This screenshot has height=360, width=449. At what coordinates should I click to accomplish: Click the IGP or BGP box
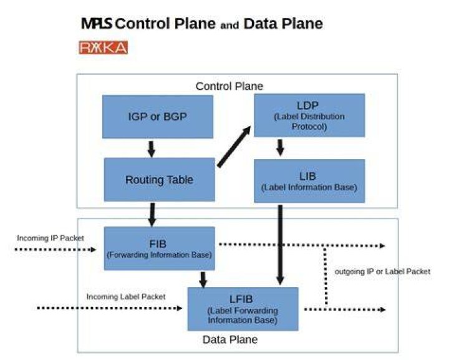tap(158, 117)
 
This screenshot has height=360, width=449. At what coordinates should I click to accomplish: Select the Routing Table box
tap(160, 180)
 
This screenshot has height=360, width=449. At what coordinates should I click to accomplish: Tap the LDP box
tap(309, 115)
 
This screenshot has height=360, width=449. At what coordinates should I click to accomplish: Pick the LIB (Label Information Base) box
tap(309, 181)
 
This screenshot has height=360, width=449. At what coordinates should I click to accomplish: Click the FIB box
tap(160, 248)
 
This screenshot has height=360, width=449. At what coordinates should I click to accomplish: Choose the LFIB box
tap(243, 309)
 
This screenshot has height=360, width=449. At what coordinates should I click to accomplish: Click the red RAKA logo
tap(104, 47)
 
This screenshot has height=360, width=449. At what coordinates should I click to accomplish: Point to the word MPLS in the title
tap(97, 24)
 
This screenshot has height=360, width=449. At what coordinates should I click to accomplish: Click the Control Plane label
tap(229, 86)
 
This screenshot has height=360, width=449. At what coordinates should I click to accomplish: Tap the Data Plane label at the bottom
tap(230, 339)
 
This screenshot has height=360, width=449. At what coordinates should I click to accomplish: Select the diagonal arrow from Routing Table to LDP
tap(234, 147)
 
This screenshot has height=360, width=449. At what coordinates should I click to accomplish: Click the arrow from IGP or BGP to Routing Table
tap(151, 149)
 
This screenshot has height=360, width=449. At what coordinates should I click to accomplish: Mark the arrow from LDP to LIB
tap(281, 148)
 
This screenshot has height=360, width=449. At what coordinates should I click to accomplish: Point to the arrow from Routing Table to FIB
tap(152, 215)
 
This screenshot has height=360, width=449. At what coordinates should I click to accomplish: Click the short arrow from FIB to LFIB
tap(203, 280)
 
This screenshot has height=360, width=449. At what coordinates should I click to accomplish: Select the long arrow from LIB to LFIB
tap(281, 245)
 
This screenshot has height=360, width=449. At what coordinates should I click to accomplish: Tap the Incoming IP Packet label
tap(51, 238)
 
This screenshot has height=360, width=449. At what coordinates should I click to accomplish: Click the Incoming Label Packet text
tap(126, 297)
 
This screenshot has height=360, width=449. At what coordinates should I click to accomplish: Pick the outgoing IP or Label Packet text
tap(382, 271)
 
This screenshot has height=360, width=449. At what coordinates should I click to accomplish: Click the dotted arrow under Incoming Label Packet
tap(110, 308)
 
